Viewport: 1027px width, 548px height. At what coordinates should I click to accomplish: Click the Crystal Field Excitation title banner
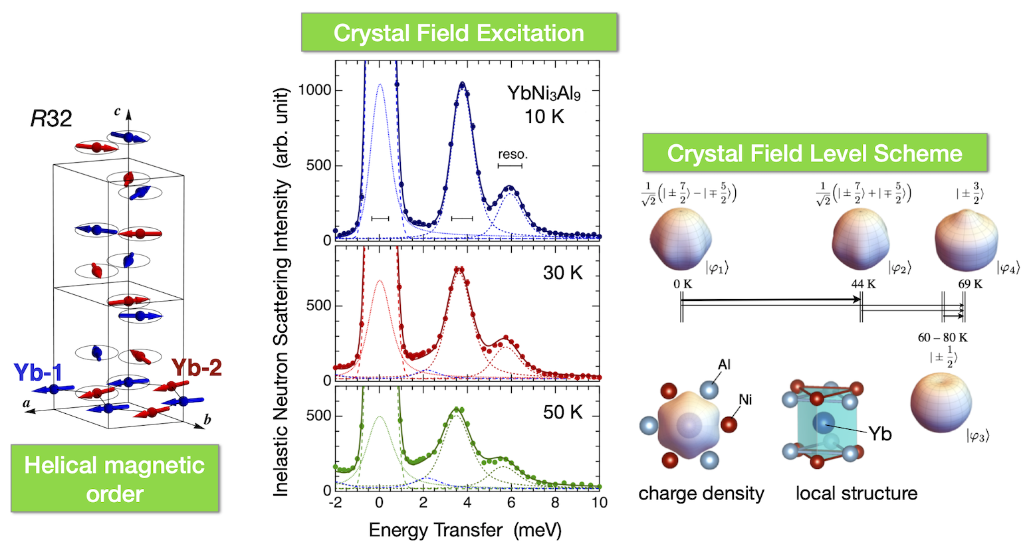point(459,33)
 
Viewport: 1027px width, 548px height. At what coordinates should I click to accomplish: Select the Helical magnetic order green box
point(114,478)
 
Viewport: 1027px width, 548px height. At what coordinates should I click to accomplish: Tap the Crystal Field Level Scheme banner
point(814,153)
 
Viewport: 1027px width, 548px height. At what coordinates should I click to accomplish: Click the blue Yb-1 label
point(37,373)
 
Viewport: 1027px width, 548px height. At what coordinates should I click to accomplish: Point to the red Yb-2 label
point(196,367)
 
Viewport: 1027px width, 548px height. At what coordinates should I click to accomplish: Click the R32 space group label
point(51,119)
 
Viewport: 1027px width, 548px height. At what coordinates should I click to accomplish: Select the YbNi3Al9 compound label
point(544,93)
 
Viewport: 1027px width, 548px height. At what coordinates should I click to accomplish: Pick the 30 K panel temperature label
point(562,273)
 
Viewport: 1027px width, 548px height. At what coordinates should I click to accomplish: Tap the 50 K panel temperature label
point(562,412)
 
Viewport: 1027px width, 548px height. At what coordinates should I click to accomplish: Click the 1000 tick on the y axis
point(314,90)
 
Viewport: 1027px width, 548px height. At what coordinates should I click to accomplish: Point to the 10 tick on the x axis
point(599,503)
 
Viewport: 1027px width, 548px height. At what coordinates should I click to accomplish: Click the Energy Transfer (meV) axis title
point(465,530)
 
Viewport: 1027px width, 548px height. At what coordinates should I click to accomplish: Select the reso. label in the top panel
point(513,154)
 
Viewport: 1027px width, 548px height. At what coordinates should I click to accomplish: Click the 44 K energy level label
point(863,284)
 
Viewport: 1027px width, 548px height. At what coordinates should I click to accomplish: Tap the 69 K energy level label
point(970,284)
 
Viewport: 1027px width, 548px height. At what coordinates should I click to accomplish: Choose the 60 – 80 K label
point(943,337)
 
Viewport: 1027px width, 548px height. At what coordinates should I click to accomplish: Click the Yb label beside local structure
point(880,434)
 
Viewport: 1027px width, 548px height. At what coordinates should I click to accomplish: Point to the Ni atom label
point(745,399)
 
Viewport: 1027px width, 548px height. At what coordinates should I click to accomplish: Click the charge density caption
point(701,494)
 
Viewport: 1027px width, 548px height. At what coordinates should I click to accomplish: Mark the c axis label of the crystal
point(118,111)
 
